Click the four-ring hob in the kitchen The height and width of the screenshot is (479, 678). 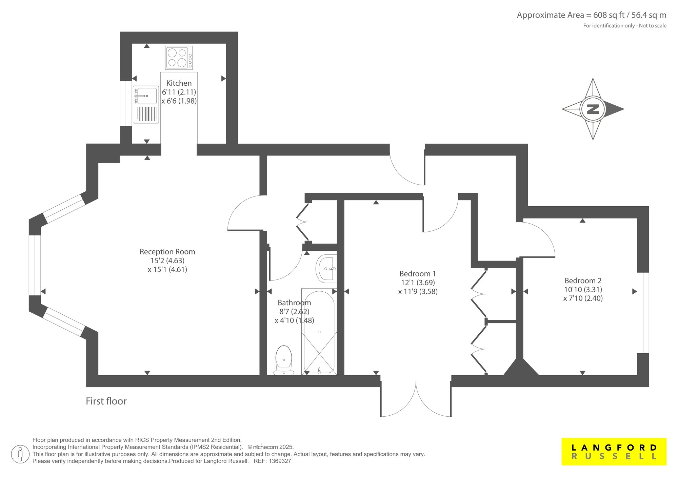pos(179,58)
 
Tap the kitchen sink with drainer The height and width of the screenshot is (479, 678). pos(146,104)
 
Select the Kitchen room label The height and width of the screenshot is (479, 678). pos(179,83)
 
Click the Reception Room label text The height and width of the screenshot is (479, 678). pos(167,252)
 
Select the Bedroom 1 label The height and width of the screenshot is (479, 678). pos(418,274)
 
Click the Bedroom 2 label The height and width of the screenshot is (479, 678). pos(583,280)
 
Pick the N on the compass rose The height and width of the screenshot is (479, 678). pos(593,109)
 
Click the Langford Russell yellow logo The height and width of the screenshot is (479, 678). pos(614,452)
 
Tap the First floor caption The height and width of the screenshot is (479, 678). pos(106,401)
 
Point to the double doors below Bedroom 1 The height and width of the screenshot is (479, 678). pos(416,400)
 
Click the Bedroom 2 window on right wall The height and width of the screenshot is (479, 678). pos(643,312)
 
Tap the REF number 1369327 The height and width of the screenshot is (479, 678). pos(279,461)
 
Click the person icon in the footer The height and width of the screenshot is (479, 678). pos(20,454)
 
